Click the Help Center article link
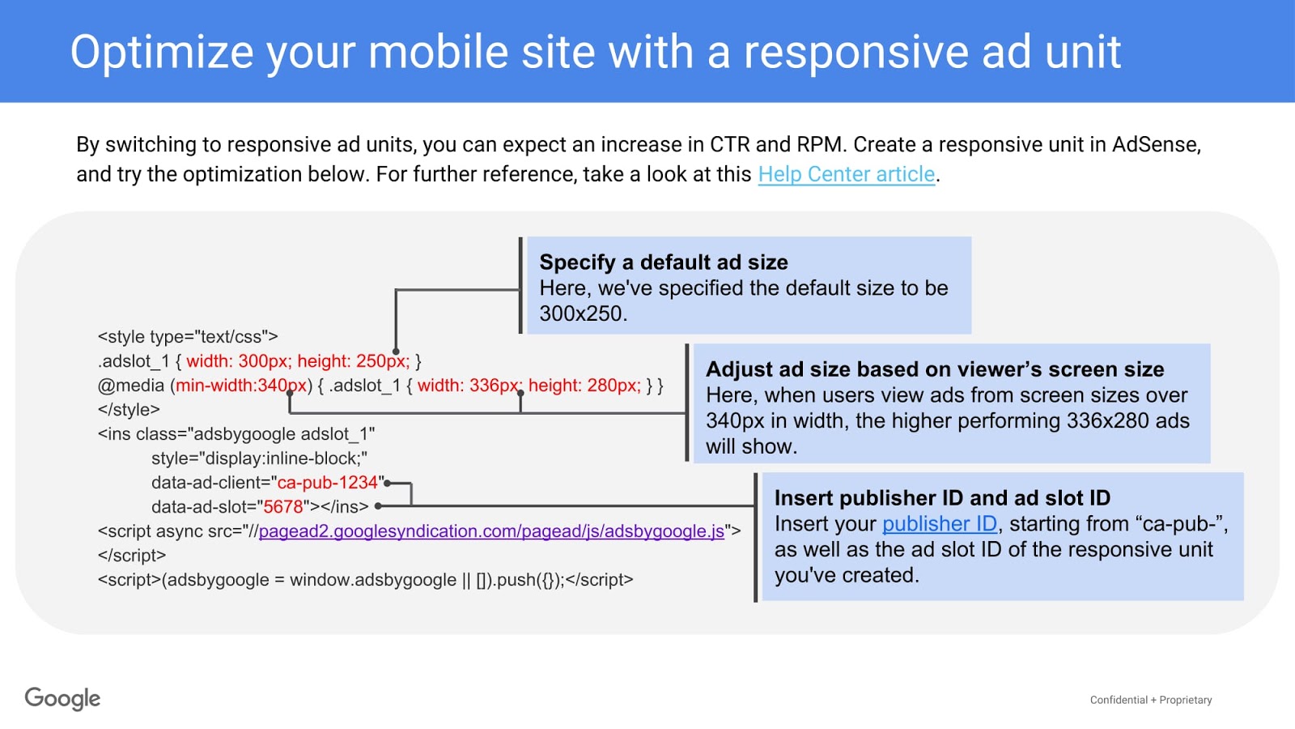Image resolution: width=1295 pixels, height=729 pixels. tap(847, 174)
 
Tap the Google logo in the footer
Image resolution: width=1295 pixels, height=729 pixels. tap(62, 698)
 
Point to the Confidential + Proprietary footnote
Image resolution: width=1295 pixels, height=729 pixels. tap(1150, 700)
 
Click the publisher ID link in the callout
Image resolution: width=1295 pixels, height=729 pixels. tap(939, 524)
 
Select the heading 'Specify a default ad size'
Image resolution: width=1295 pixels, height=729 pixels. tap(664, 262)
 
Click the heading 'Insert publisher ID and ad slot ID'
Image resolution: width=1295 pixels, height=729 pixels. tap(942, 498)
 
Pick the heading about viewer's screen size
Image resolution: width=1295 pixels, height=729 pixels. tap(935, 369)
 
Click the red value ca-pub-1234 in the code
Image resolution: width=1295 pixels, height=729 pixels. tap(328, 483)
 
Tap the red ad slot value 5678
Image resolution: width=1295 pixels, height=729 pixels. tap(283, 507)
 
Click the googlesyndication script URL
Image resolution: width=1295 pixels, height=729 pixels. tap(491, 531)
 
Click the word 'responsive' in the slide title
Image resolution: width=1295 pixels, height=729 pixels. tap(856, 52)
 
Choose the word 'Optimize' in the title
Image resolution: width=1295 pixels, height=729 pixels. tap(162, 52)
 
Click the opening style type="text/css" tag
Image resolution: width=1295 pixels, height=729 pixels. tap(188, 337)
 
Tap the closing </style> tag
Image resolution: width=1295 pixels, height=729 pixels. tap(129, 410)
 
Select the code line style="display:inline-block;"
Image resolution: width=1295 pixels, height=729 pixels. tap(259, 458)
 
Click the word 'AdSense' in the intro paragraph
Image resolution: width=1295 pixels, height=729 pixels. tap(1155, 145)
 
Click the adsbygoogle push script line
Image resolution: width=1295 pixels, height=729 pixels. tap(365, 580)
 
